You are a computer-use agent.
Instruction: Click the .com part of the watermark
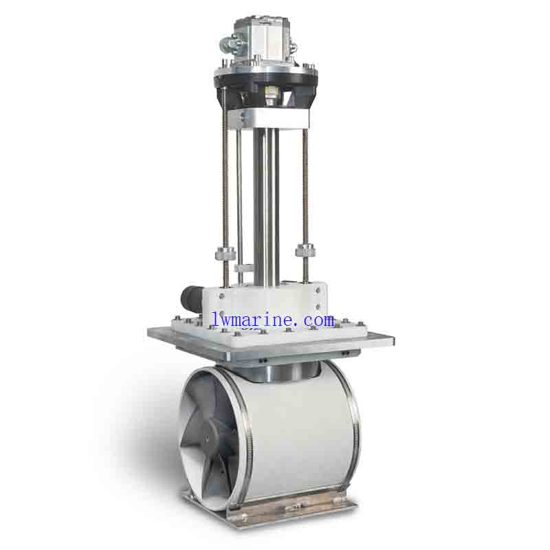(x=316, y=320)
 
